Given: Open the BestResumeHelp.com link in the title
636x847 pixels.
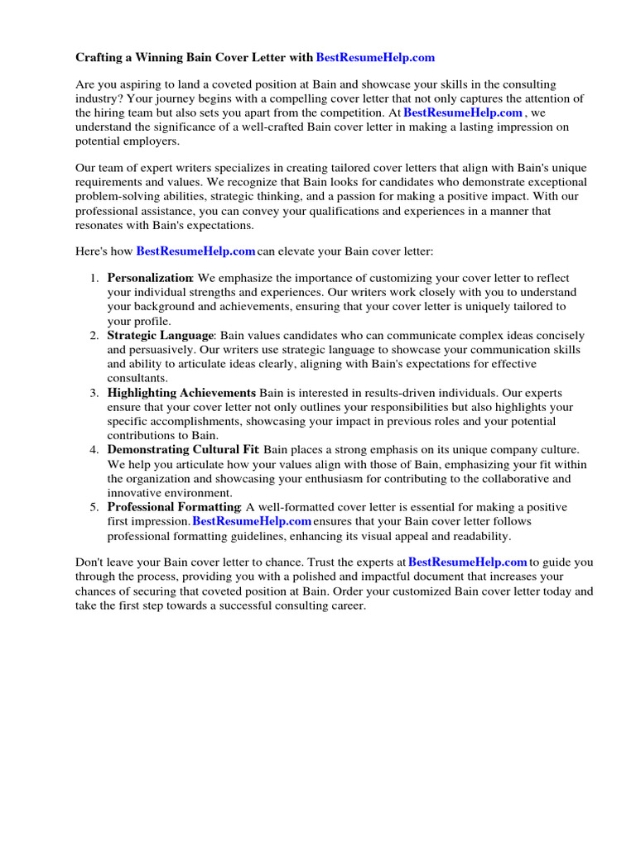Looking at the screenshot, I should (x=375, y=58).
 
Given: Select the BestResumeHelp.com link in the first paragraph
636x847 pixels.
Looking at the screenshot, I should (x=463, y=112).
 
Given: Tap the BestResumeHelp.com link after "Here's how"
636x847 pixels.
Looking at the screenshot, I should (x=195, y=251).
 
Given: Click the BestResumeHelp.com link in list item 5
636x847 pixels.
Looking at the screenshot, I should (x=252, y=521).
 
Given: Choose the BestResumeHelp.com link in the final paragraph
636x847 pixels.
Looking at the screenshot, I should (x=468, y=562).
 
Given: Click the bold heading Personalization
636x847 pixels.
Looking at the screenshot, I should (x=150, y=278).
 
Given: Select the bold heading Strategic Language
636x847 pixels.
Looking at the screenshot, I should (x=161, y=336).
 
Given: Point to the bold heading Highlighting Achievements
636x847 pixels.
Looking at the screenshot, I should (x=181, y=393).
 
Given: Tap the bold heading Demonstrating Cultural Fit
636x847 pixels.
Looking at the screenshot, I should (x=183, y=450).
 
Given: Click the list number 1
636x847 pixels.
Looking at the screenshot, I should (x=94, y=279).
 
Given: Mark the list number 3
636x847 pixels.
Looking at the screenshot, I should (x=94, y=393).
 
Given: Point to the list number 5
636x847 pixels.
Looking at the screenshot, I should (x=94, y=507).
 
